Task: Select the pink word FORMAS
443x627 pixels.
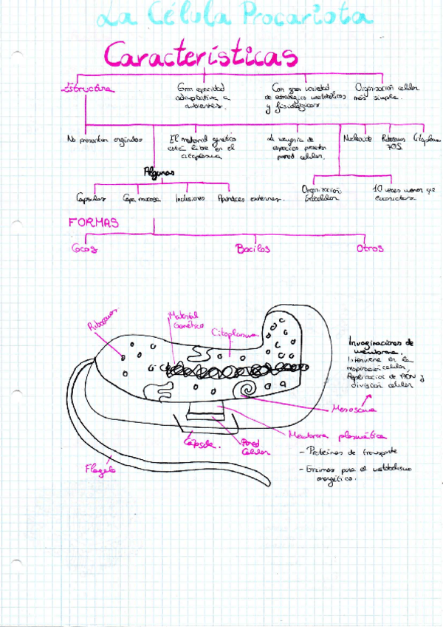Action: coord(94,222)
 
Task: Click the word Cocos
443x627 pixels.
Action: coord(84,249)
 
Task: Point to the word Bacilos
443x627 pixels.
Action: coord(253,249)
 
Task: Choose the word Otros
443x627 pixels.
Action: coord(369,249)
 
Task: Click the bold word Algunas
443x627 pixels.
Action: coord(159,172)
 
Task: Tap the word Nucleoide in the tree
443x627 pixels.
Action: coord(358,138)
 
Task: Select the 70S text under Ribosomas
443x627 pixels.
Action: coord(392,146)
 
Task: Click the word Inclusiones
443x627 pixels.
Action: coord(190,198)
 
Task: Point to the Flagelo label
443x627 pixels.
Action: coord(100,468)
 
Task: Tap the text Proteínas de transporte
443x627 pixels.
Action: coord(346,450)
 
